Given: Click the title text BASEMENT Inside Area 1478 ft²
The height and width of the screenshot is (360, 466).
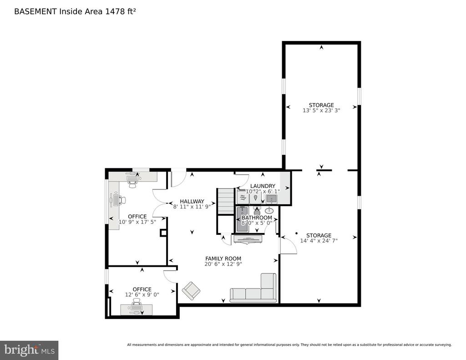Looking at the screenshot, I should point(75,11).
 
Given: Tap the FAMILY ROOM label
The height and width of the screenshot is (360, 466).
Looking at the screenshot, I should point(223,259).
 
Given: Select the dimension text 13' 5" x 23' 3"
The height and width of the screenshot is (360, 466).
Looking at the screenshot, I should point(321,110).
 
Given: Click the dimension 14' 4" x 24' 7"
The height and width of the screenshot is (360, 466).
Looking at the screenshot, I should point(319,241).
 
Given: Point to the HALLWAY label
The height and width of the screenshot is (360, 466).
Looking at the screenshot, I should point(192,201).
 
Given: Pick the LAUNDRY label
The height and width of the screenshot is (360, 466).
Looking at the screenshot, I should point(263,186).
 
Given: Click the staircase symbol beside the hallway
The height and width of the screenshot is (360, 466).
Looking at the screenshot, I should point(225,202).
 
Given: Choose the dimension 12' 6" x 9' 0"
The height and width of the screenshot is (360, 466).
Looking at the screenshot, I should point(142,295).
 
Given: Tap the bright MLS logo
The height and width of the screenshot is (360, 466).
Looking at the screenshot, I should point(29,350).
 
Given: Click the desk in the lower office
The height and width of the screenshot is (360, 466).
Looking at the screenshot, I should point(137,309).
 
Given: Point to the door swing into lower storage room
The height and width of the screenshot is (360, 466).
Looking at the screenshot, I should point(289,246).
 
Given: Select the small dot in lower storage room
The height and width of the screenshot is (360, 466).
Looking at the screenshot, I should point(296,233).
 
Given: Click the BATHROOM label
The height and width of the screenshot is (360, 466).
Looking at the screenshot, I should point(257,218).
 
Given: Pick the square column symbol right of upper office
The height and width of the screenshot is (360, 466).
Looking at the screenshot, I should point(163,233).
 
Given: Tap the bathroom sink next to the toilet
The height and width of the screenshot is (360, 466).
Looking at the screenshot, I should point(269,210).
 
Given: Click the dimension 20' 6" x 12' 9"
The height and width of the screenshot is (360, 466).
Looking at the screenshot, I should point(223,264).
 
